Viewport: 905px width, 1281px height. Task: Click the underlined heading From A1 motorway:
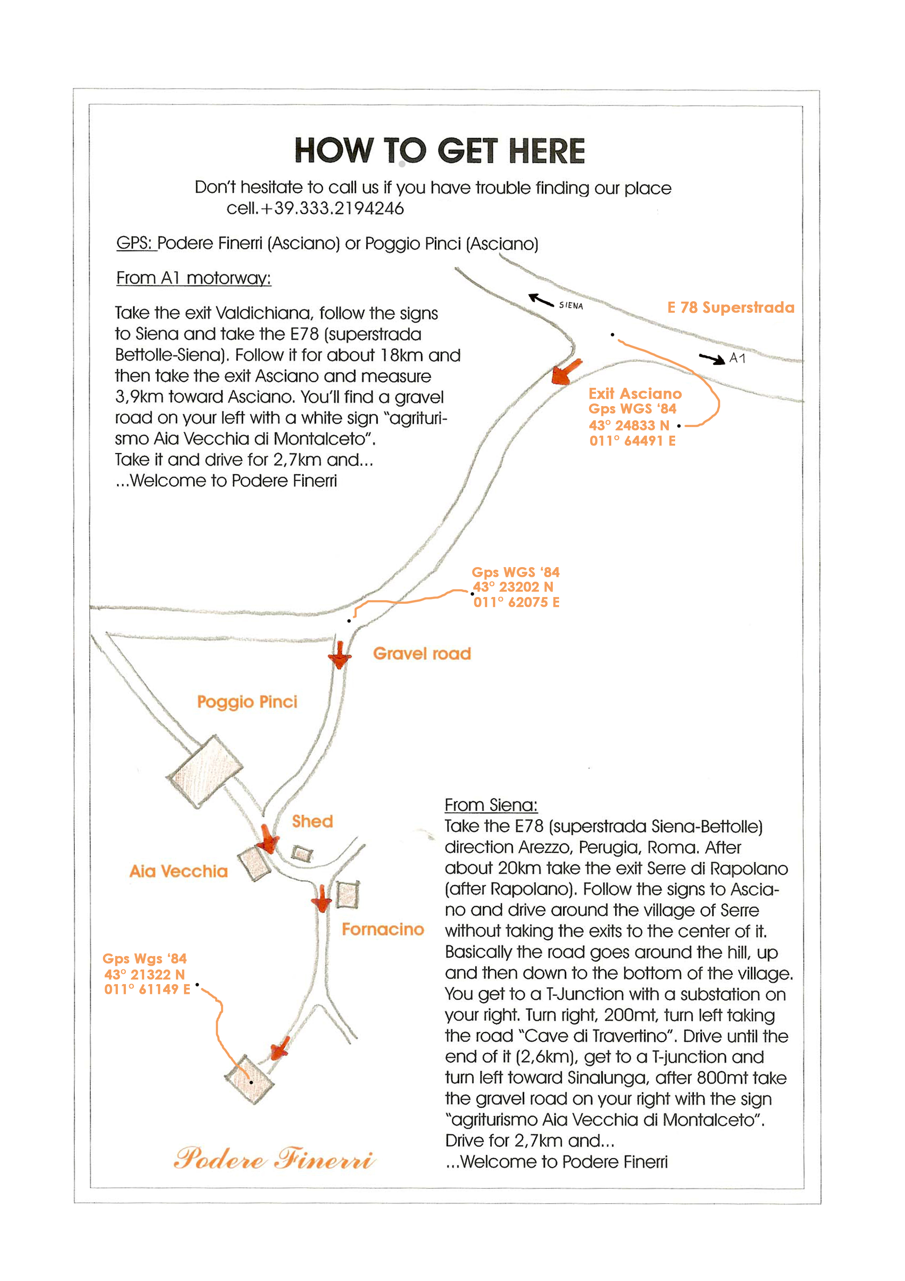[193, 278]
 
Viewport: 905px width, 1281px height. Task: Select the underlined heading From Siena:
[491, 805]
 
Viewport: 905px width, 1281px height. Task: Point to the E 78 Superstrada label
[731, 307]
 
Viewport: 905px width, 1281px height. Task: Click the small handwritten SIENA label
[571, 305]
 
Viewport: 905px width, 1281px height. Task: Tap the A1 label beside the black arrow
[737, 358]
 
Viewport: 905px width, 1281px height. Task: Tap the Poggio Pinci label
[247, 701]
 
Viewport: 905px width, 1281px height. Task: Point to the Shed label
[312, 821]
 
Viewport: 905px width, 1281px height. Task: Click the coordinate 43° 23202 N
[513, 587]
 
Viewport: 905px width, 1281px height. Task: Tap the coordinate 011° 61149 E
[147, 989]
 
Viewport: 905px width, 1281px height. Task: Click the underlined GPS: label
[135, 243]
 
